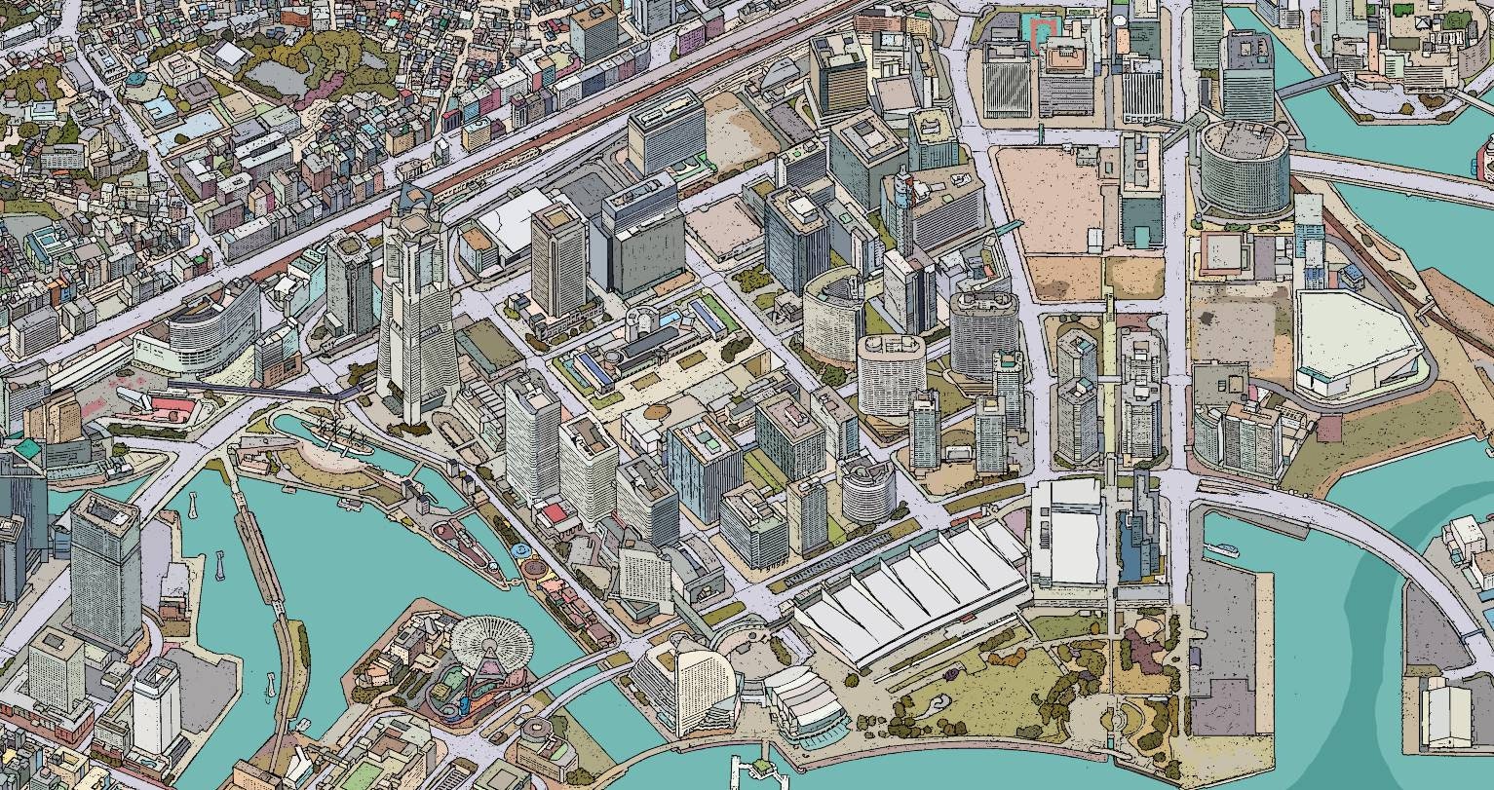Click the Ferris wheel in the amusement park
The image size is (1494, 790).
(491, 640)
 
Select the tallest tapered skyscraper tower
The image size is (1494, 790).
(416, 312)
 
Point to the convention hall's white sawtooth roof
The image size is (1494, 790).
(911, 589)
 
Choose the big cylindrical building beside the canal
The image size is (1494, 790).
(1243, 169)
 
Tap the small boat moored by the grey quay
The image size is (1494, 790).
(1222, 551)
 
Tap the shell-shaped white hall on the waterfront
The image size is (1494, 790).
(805, 701)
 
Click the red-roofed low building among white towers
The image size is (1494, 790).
(555, 512)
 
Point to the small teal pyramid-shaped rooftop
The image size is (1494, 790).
(26, 449)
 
